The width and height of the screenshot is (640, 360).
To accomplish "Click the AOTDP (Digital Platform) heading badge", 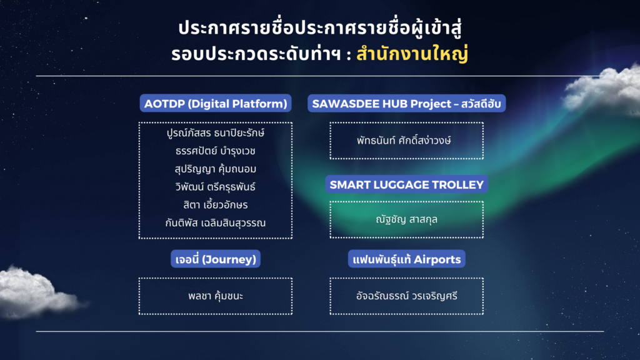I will tap(216, 104).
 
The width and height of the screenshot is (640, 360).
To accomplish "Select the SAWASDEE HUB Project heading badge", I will tap(406, 104).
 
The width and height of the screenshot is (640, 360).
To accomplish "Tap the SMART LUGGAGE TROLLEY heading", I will tap(407, 184).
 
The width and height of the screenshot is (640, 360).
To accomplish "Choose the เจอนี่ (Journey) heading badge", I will tap(216, 259).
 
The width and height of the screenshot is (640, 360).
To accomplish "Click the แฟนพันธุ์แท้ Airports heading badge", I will tap(407, 259).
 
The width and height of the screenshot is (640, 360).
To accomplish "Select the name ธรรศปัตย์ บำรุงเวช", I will tap(216, 151).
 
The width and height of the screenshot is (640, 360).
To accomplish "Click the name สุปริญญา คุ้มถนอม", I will tap(216, 169).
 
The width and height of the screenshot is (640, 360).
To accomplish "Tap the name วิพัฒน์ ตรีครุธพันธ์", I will tap(216, 187).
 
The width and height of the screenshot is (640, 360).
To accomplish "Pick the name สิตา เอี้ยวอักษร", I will tap(216, 205).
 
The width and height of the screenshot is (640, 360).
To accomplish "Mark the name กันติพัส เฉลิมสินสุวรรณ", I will tap(216, 223).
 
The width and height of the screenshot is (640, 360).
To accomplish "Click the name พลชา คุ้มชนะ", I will tap(216, 296).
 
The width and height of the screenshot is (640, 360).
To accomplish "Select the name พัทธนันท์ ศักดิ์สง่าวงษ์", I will tap(407, 140).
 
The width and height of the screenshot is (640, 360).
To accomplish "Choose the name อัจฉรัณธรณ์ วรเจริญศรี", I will tap(407, 296).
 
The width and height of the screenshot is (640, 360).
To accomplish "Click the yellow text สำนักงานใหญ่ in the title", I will tap(412, 54).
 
